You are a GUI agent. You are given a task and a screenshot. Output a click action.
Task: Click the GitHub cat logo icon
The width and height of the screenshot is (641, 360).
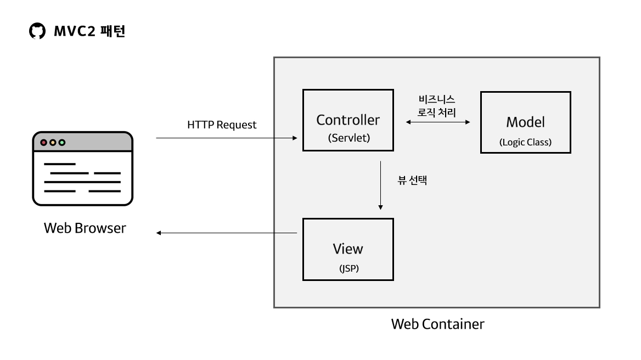point(37,32)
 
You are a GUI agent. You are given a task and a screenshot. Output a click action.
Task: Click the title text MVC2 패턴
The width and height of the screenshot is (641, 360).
point(90,32)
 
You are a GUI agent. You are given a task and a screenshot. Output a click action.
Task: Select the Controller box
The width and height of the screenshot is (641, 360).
point(348,120)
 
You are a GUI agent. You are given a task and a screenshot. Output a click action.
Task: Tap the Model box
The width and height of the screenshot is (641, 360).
point(525,122)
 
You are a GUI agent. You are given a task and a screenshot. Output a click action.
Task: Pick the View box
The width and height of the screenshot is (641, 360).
point(348,249)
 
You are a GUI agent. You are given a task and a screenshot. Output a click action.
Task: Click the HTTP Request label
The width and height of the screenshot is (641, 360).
point(222,125)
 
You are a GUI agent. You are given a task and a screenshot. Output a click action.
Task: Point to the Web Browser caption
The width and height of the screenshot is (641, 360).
point(85,228)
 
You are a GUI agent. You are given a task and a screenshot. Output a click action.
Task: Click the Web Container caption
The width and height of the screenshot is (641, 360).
point(437,324)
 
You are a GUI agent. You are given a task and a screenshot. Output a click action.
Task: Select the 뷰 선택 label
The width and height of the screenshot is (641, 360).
point(412,180)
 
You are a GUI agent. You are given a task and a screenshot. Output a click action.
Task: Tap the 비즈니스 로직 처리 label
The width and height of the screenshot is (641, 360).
point(436,105)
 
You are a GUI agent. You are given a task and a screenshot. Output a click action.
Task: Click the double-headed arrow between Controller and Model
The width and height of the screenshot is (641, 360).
point(437,122)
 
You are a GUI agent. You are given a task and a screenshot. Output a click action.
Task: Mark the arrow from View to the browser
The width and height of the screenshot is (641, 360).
point(227,233)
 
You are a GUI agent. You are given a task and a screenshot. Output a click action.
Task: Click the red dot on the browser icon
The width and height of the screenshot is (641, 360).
point(43,143)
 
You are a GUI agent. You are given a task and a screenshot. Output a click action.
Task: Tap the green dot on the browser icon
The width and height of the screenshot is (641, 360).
point(62,143)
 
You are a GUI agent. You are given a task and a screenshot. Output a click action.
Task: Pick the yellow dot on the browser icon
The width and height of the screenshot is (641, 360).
point(53,143)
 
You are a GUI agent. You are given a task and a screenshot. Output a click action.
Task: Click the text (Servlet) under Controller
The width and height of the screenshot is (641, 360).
point(349,138)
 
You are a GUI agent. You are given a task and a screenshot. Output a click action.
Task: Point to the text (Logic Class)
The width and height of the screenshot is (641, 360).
point(525,142)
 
